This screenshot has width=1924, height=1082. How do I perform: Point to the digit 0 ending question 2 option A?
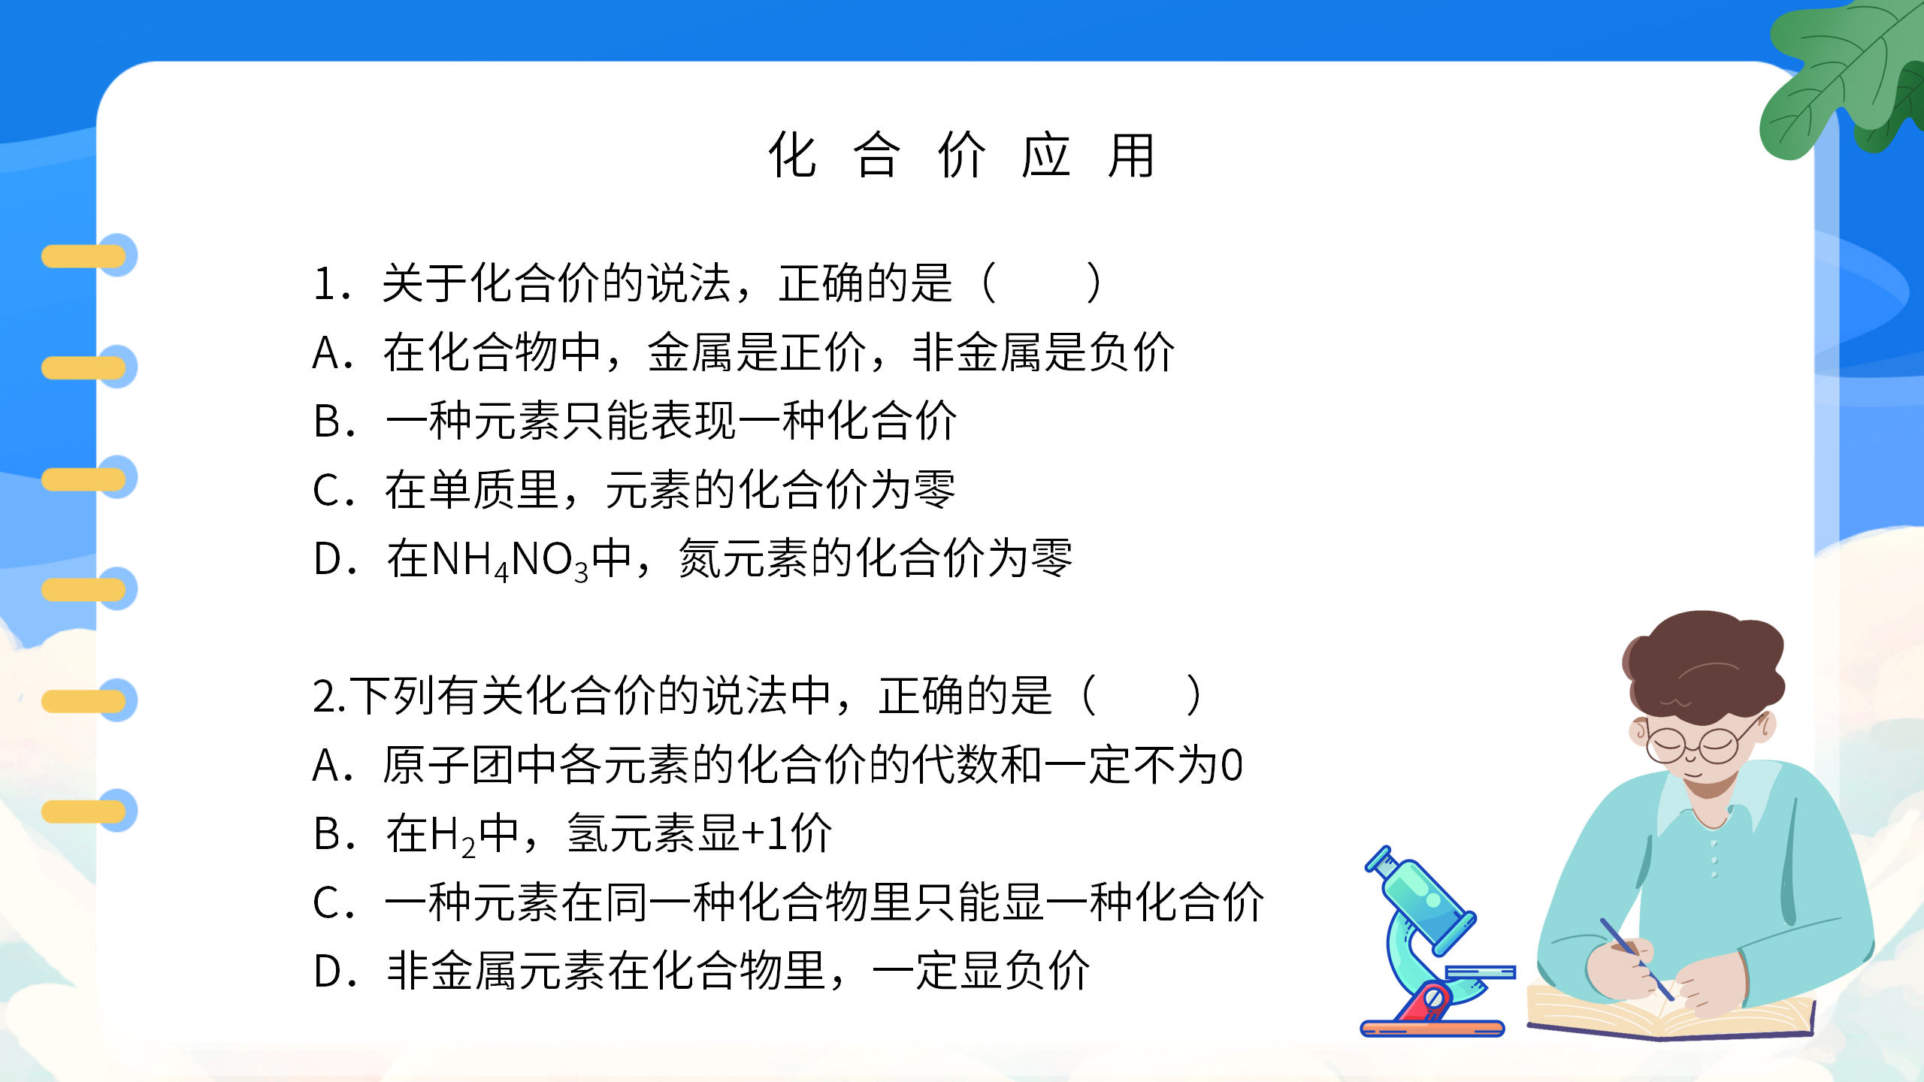coord(1231,766)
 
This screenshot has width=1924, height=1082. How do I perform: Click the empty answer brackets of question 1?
coord(1042,283)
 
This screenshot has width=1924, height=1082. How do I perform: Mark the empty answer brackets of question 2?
coord(1141,696)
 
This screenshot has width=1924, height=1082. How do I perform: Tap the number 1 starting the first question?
coord(325,284)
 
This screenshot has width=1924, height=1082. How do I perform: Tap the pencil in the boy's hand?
coord(1635,958)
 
